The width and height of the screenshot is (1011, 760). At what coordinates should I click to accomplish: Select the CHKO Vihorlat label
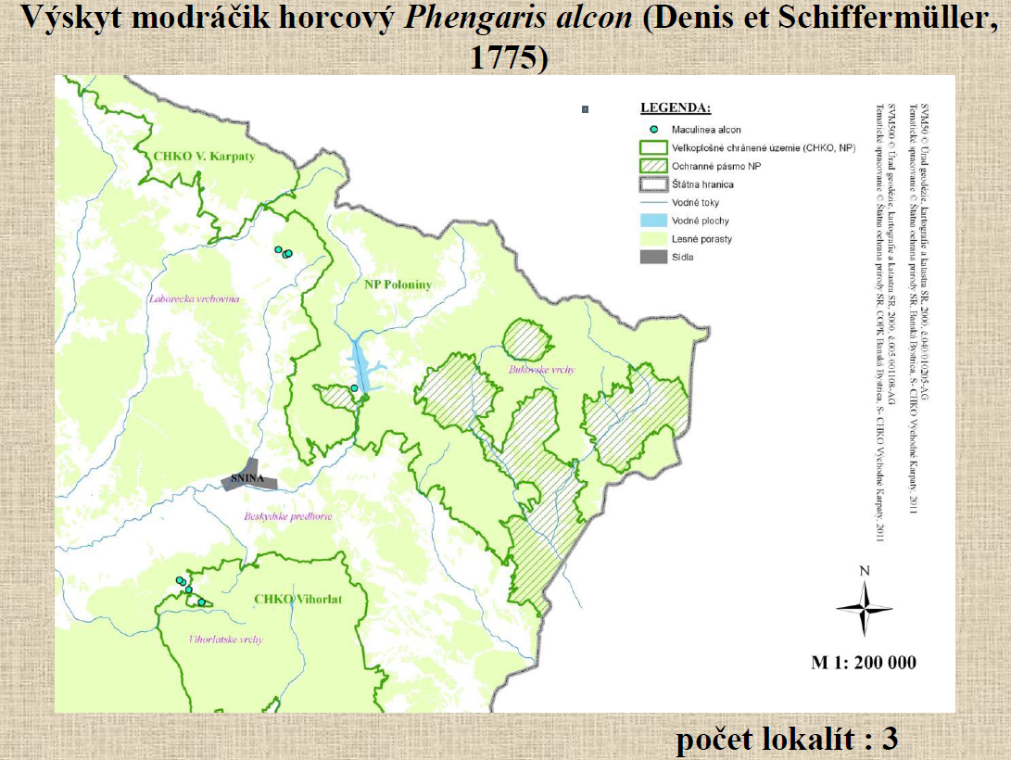pos(297,600)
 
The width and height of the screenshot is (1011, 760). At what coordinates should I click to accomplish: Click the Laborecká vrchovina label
pos(194,298)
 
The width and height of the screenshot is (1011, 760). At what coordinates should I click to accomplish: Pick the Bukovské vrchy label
pos(541,370)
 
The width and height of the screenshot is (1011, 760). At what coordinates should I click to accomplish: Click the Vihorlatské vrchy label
pos(225,640)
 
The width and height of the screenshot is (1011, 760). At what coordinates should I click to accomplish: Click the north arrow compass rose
pos(864,608)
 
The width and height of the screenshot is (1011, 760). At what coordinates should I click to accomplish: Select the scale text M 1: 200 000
pos(863,663)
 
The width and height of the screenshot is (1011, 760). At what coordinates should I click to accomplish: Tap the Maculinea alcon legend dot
pos(653,130)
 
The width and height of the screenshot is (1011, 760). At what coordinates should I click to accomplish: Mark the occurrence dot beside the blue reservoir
pos(354,387)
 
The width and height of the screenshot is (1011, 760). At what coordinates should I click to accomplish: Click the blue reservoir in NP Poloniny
pos(360,365)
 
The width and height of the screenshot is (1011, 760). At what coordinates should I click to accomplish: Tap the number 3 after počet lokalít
pos(890,739)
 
